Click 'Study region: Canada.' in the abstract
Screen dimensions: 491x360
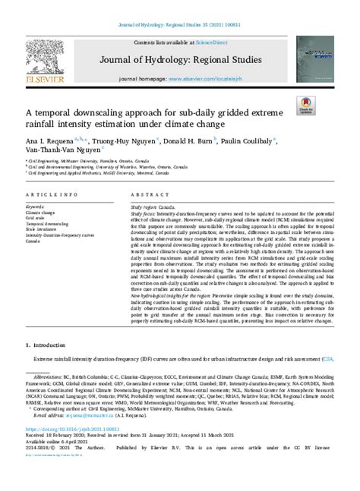156,206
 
